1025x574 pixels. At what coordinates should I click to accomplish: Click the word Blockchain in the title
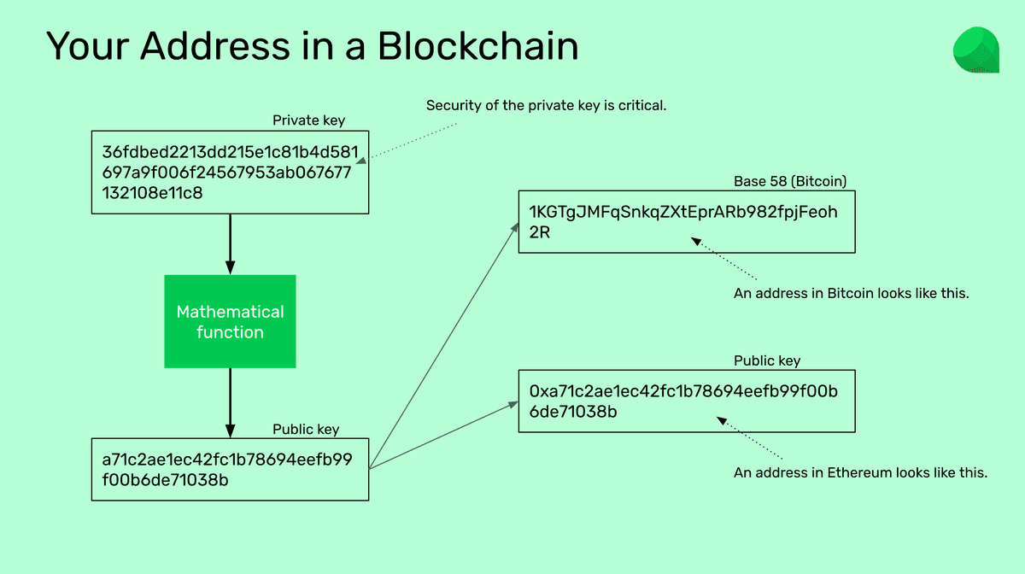(477, 46)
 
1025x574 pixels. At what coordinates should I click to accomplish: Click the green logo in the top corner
(975, 50)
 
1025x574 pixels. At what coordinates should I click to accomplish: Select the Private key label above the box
(308, 120)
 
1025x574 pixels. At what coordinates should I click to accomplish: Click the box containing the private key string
(230, 172)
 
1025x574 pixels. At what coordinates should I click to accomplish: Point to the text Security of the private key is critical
(546, 106)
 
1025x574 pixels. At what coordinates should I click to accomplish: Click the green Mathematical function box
(230, 321)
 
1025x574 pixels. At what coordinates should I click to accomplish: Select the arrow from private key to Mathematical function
(230, 243)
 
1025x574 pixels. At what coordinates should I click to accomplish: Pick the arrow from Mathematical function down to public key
(230, 402)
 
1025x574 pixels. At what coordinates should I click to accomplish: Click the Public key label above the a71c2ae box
(306, 429)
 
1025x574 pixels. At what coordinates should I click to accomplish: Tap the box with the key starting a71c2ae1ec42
(230, 469)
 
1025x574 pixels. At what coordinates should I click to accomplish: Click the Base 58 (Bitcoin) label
(790, 181)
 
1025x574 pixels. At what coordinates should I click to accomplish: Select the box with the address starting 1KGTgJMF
(686, 221)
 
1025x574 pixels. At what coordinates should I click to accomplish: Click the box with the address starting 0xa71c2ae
(686, 401)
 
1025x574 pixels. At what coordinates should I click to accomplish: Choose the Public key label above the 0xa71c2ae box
(767, 360)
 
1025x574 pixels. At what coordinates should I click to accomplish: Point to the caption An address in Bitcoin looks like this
(852, 293)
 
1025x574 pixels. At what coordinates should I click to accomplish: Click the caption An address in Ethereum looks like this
(860, 472)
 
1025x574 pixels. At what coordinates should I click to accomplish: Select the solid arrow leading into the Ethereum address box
(444, 435)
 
